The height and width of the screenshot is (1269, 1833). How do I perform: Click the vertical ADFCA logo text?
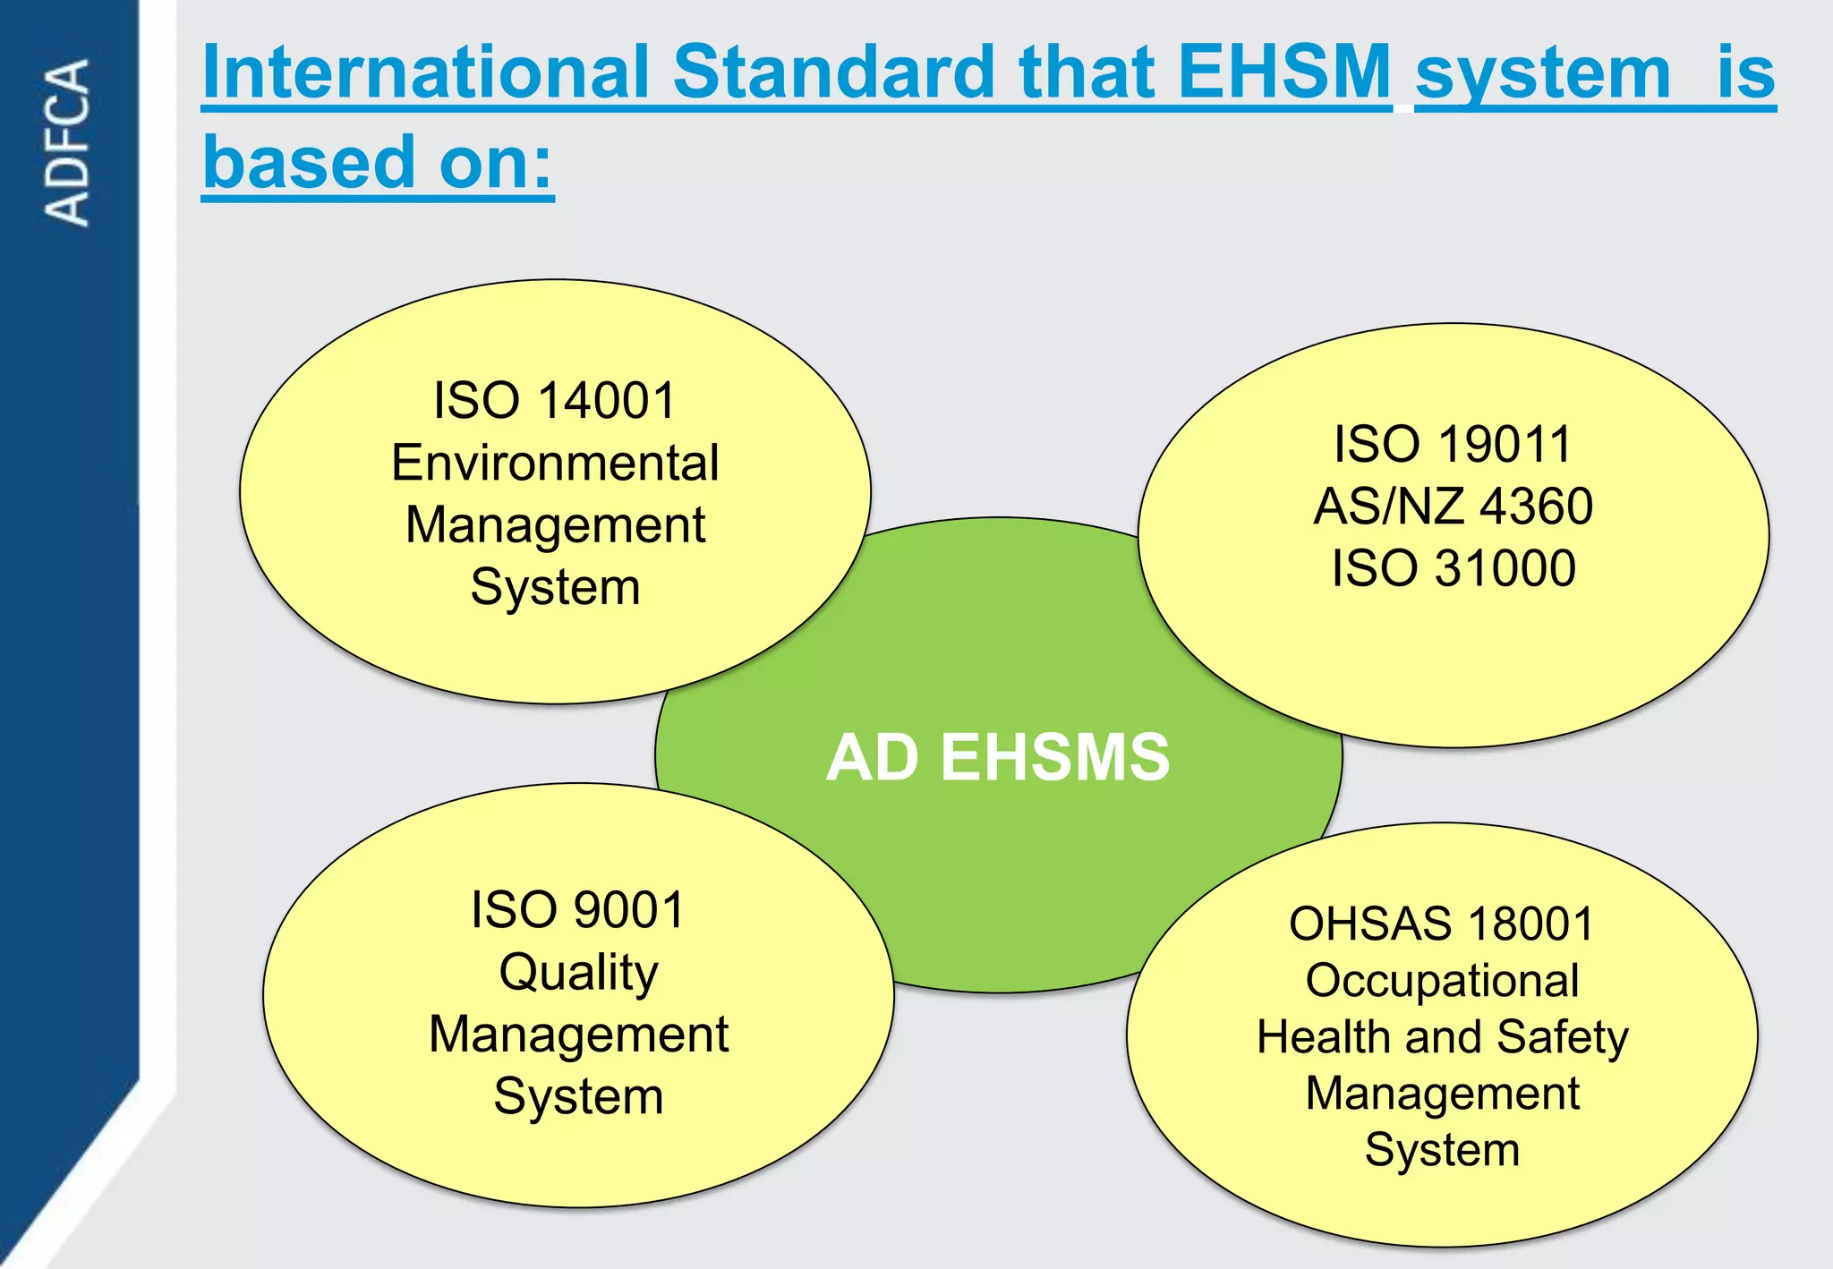click(68, 141)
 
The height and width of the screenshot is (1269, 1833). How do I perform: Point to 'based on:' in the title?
click(378, 163)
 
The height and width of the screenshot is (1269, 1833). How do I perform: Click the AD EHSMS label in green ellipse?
click(997, 757)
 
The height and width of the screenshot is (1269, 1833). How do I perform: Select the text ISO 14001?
click(555, 400)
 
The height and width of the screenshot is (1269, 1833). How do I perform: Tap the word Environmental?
click(555, 463)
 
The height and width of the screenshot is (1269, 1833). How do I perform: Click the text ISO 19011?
click(1453, 444)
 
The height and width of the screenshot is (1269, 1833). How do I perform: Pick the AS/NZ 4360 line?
click(1453, 506)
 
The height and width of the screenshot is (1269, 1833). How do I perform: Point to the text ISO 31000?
click(1453, 568)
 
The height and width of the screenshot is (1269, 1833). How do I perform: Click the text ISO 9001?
click(578, 909)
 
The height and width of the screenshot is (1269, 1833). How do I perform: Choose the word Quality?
click(578, 972)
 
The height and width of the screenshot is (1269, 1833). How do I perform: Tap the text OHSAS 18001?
click(1442, 924)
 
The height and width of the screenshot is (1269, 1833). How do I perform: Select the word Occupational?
click(1442, 980)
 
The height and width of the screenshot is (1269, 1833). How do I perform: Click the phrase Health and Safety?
click(1442, 1037)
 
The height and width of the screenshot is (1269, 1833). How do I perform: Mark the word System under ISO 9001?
click(578, 1096)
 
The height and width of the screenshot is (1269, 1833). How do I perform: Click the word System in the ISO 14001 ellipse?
click(555, 587)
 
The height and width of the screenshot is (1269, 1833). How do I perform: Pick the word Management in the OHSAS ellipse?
click(1442, 1094)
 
